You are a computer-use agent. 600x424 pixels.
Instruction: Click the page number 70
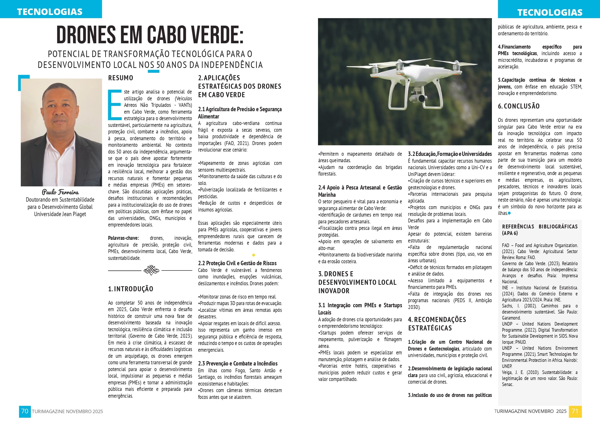click(x=25, y=411)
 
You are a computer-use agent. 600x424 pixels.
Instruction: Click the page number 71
click(x=575, y=411)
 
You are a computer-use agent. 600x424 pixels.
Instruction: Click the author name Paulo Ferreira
click(x=60, y=192)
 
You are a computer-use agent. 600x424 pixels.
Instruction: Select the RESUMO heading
click(x=121, y=78)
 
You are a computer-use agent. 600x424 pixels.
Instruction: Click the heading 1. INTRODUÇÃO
click(x=131, y=289)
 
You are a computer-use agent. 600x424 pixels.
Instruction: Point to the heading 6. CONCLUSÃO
click(x=519, y=106)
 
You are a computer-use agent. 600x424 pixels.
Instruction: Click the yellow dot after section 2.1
click(x=253, y=255)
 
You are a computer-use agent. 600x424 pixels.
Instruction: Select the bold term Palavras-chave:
click(x=124, y=238)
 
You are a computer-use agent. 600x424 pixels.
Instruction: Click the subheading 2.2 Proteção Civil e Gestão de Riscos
click(x=237, y=263)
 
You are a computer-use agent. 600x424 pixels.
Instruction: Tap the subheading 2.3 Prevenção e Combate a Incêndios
click(x=237, y=363)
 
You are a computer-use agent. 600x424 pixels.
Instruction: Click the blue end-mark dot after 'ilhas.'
click(x=509, y=213)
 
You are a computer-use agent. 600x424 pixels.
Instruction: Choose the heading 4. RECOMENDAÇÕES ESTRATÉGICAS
click(x=437, y=324)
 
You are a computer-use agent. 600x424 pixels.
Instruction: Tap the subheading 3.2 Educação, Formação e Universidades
click(x=450, y=154)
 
